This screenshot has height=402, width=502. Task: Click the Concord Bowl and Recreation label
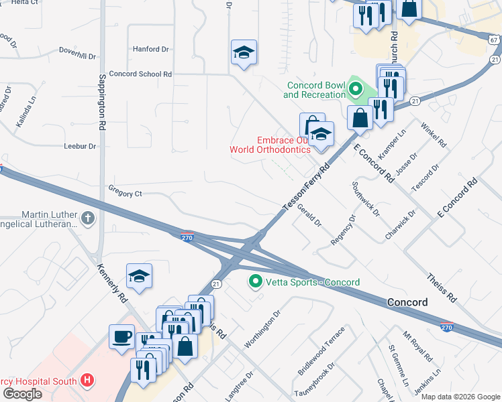coord(314,90)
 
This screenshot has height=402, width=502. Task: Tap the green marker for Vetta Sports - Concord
coord(255,281)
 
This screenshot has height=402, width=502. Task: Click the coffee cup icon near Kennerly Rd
coord(122,336)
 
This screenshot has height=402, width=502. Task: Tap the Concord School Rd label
coord(140,74)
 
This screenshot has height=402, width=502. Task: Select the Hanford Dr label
coord(151,49)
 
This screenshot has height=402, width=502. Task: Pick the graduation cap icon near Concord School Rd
coord(244,52)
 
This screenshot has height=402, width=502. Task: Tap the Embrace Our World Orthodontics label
coord(270,145)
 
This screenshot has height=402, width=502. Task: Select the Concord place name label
coord(407,302)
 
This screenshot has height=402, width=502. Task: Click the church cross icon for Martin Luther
coord(87,218)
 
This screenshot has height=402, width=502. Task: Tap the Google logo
coord(22,394)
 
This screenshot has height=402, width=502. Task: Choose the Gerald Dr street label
coord(309,216)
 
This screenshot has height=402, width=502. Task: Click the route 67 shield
coord(494,40)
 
